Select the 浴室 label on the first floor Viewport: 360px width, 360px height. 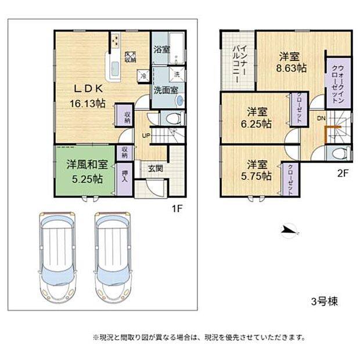pos(162,50)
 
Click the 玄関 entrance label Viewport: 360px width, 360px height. pos(154,169)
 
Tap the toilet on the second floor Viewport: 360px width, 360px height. pos(339,153)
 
